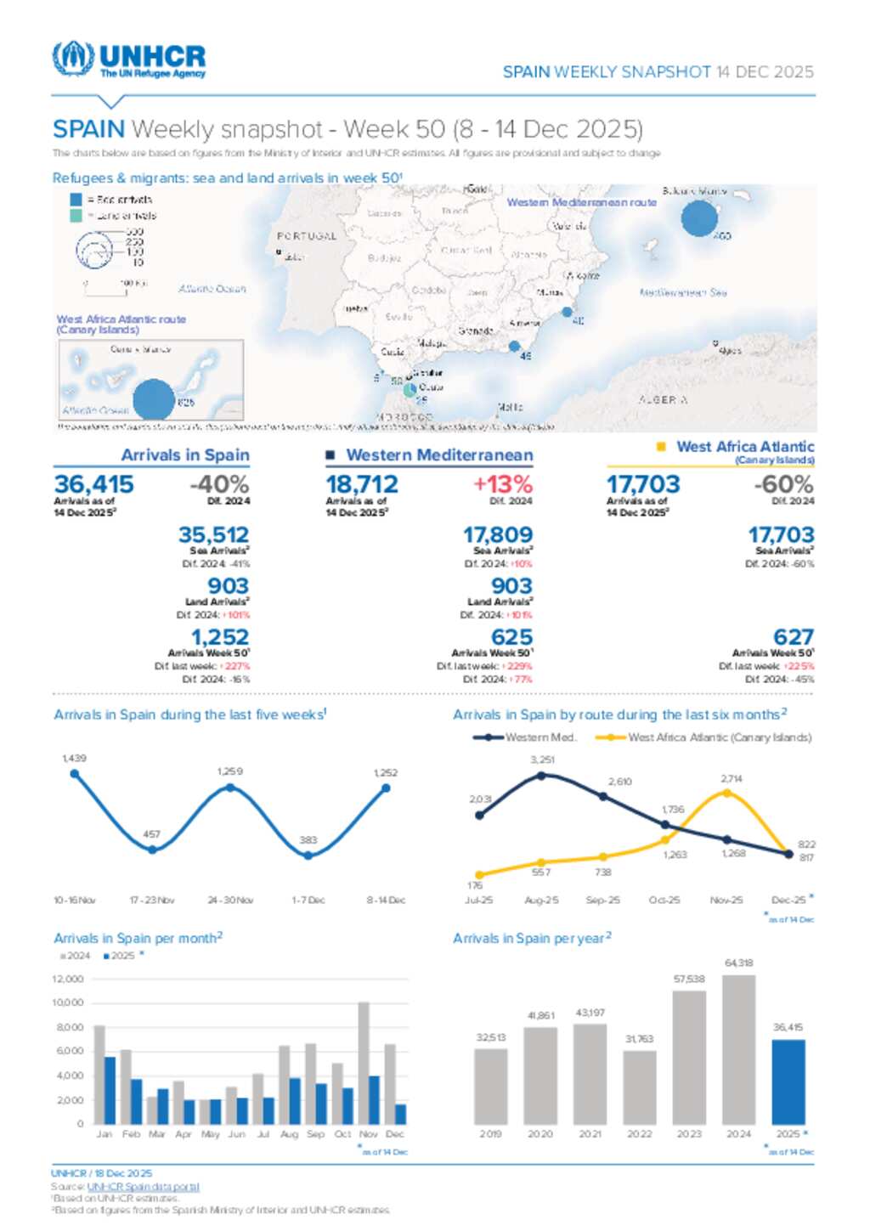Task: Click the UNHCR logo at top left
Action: coord(128,59)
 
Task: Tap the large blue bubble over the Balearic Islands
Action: coord(699,218)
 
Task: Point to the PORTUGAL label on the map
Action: coord(307,236)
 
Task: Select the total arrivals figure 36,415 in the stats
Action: coord(94,484)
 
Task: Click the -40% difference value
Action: coord(219,484)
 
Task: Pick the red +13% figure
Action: coord(503,484)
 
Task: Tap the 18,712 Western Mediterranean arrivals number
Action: coord(362,484)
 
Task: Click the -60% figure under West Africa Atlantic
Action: coord(783,484)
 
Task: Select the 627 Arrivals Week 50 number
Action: coord(794,637)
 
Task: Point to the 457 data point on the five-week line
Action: coord(152,850)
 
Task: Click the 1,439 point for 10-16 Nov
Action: coord(75,774)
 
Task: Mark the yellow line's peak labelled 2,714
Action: coord(726,793)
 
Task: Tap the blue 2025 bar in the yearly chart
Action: coord(788,1081)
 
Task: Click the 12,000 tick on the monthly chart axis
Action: coord(68,980)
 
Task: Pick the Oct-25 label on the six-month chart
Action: coord(664,900)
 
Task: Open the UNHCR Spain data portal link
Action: coord(143,1187)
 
